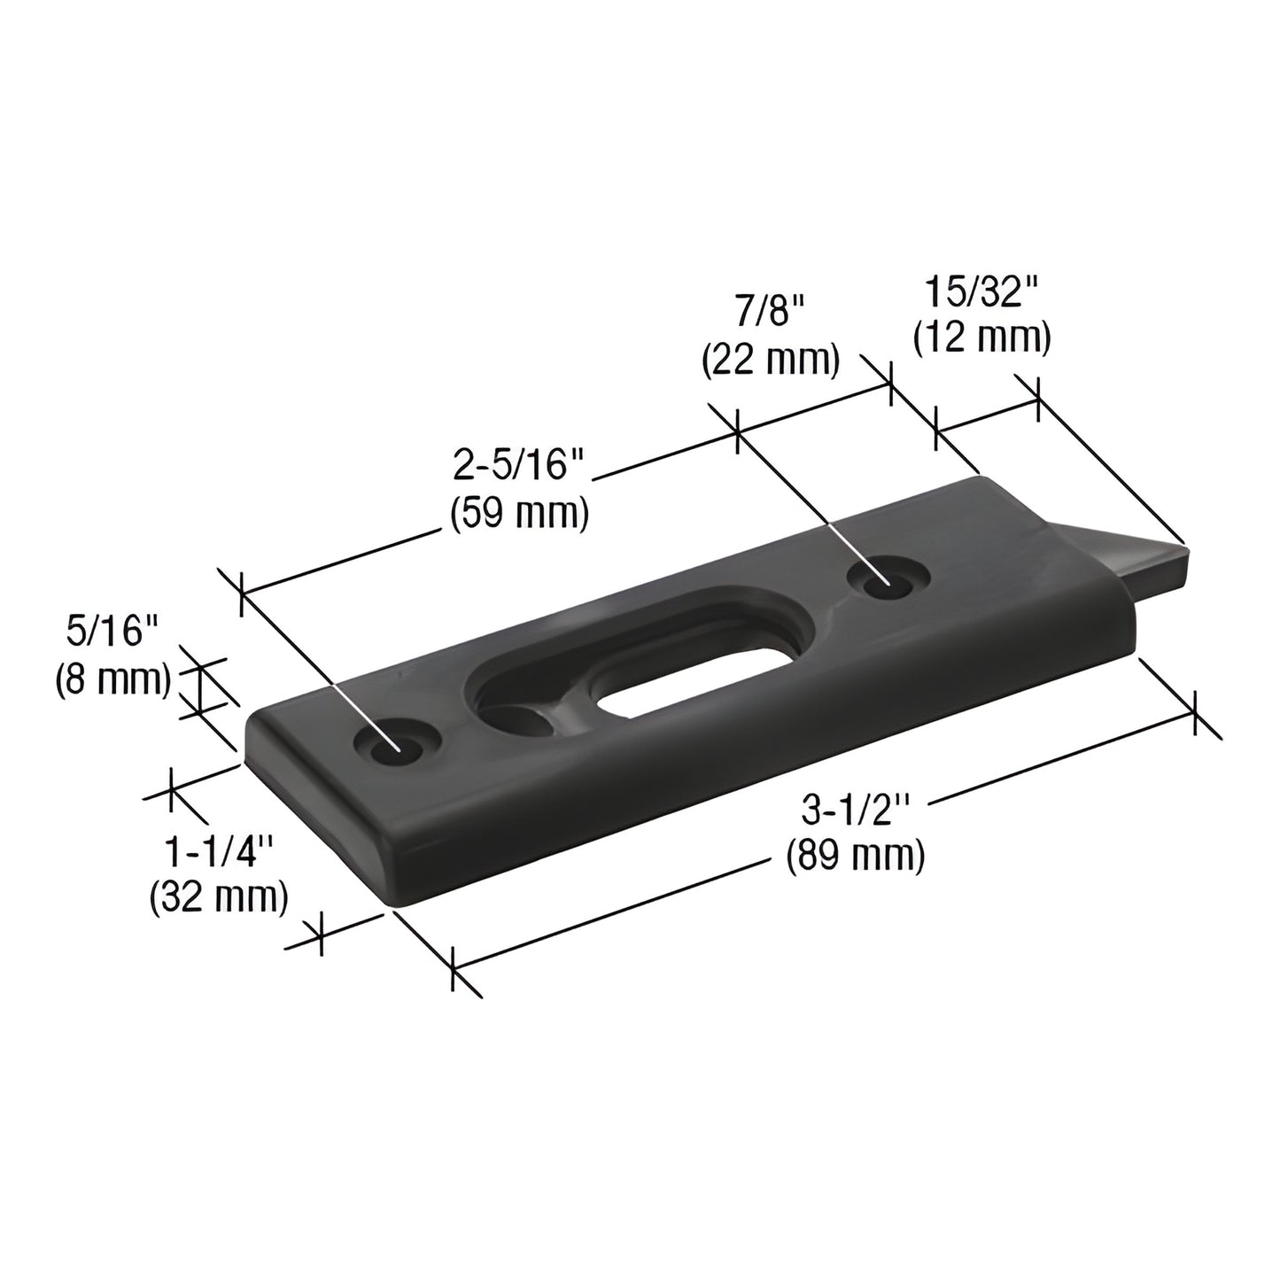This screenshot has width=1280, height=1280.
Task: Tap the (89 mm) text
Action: [856, 856]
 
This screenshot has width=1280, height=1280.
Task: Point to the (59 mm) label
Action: [519, 514]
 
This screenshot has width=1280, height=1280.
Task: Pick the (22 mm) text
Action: [770, 361]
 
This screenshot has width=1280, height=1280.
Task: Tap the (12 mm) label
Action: [981, 338]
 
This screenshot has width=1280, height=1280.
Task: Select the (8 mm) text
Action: [112, 679]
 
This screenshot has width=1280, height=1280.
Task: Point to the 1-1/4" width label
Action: [218, 853]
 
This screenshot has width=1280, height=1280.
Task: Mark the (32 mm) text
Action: [218, 897]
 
